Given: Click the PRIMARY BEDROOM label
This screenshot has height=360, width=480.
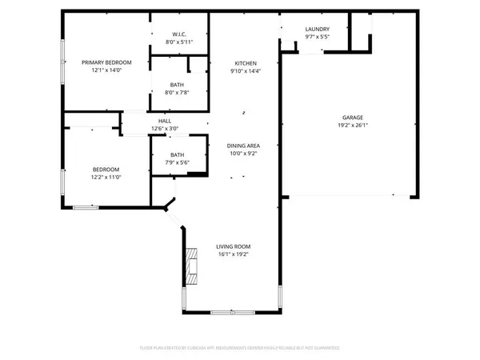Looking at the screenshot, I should point(106,62).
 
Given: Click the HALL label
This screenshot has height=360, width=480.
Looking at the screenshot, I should point(165,121).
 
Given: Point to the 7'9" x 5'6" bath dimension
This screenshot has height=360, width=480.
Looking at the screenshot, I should point(177,162).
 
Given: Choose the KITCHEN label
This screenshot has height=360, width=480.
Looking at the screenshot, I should point(245,63).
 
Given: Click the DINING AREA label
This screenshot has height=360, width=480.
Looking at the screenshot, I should point(245,145).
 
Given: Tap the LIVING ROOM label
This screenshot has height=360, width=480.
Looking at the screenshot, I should point(234,246).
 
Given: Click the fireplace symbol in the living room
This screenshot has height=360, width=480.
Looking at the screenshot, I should point(190,266).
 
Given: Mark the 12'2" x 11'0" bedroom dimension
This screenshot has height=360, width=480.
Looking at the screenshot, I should point(106,177).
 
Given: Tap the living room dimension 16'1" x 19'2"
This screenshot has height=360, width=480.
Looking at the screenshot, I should point(234,254).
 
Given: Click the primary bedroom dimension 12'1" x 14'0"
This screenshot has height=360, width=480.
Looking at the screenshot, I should point(106,70).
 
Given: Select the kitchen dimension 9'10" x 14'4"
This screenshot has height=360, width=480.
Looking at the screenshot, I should point(245,71).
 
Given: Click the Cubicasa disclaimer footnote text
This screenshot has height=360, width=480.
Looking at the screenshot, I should point(240,349).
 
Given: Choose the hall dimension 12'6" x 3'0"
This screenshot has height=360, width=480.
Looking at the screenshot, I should point(165,128).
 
